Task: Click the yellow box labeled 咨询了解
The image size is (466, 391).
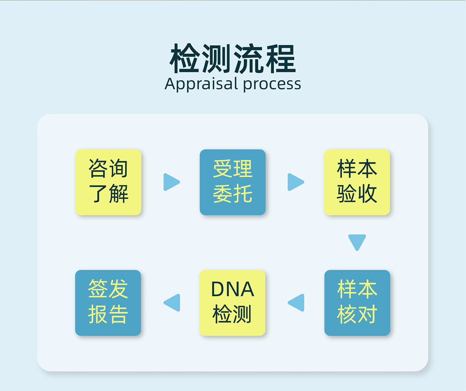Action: (x=108, y=182)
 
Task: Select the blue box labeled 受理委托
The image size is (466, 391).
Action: (x=233, y=182)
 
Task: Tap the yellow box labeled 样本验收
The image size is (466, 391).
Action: (x=357, y=182)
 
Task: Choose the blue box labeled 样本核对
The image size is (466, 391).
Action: (x=357, y=303)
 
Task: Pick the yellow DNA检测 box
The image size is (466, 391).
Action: (x=232, y=303)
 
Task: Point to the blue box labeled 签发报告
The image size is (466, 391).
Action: (x=108, y=303)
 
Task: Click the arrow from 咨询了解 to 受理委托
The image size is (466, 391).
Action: (x=171, y=182)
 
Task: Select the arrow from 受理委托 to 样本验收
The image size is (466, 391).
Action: (x=296, y=182)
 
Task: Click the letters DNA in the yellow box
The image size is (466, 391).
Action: (x=233, y=289)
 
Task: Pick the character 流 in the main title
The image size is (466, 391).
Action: (x=249, y=59)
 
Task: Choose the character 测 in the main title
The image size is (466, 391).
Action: (x=217, y=59)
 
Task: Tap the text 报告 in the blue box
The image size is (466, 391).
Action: (x=108, y=315)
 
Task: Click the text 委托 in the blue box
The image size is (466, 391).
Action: (x=233, y=194)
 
